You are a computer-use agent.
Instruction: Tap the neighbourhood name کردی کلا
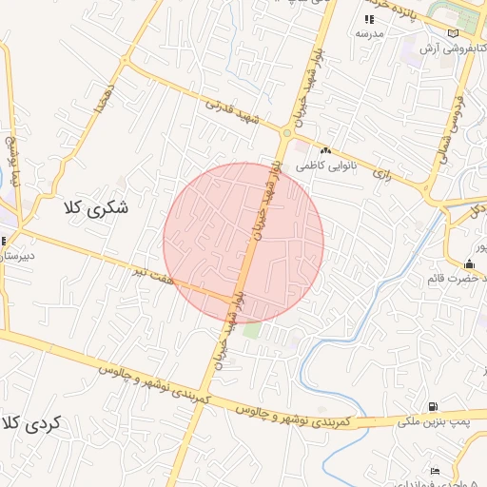[30, 424]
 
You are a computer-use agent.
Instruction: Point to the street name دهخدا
[100, 99]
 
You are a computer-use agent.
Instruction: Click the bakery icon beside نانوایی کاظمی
[326, 150]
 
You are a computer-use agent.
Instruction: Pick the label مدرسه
[369, 33]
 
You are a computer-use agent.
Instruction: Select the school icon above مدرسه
[369, 19]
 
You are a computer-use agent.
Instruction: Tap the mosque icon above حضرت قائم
[469, 264]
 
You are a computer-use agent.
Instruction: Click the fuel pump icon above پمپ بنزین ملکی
[434, 407]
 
